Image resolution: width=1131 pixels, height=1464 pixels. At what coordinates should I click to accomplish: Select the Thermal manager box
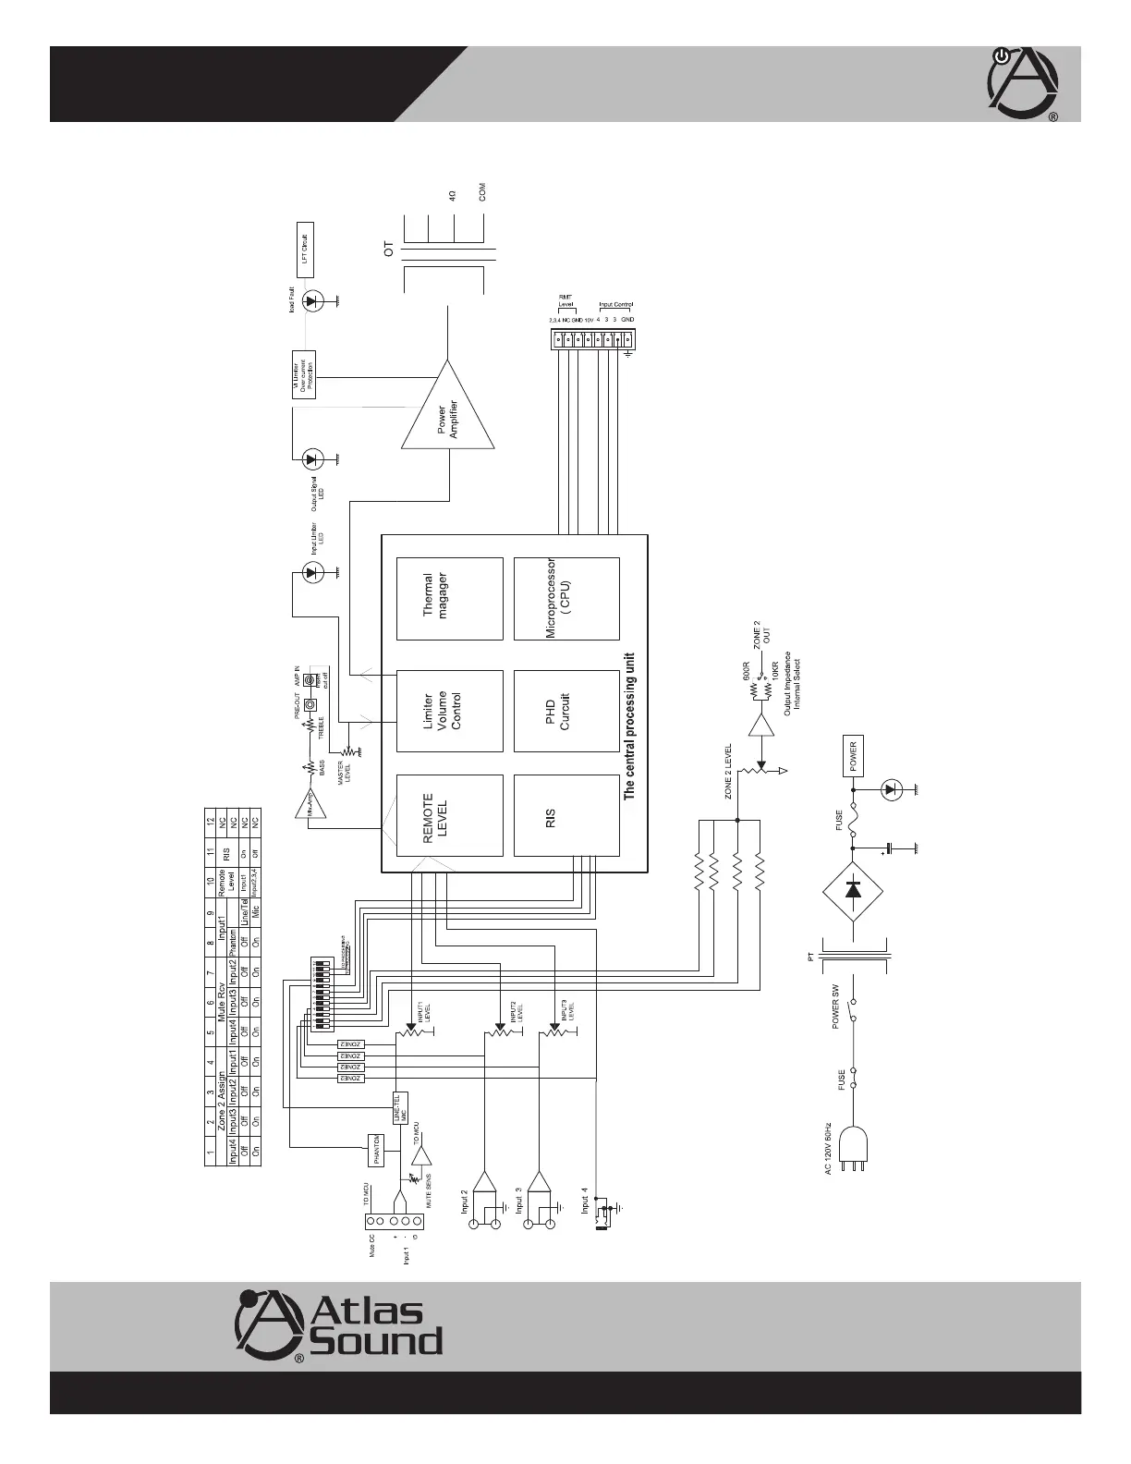pos(449,598)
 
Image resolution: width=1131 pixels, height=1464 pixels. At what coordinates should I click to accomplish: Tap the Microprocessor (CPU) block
pos(565,598)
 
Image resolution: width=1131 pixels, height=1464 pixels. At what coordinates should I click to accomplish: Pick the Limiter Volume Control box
pos(449,711)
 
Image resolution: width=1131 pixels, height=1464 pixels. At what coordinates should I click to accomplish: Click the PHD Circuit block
pos(565,711)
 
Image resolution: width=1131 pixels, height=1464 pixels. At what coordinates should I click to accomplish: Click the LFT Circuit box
pos(306,250)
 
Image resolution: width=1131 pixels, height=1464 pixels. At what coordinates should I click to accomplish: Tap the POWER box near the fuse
pos(854,757)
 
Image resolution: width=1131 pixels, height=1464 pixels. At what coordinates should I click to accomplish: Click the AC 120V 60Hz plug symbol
pos(852,1151)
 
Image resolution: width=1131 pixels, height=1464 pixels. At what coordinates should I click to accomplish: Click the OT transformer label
pos(389,249)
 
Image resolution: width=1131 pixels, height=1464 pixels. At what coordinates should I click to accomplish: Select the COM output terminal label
pos(482,192)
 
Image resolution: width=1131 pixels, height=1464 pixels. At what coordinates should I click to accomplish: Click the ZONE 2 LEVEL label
pos(728,771)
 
